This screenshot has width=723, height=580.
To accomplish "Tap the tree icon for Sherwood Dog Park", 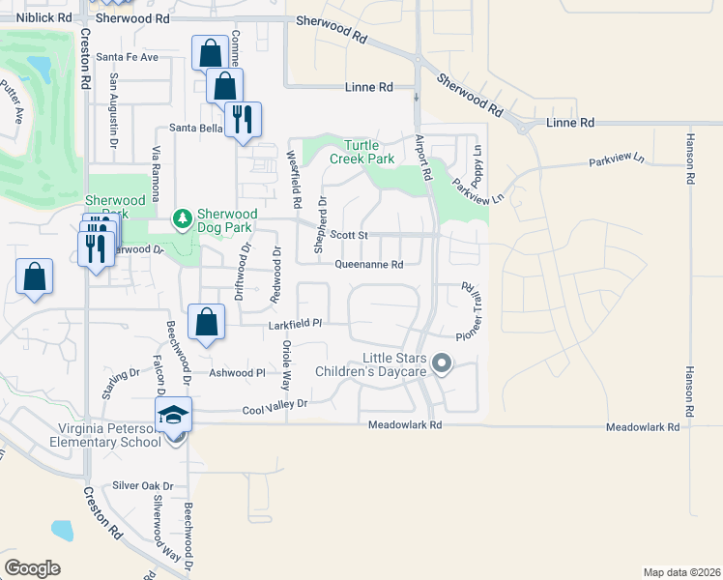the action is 182,220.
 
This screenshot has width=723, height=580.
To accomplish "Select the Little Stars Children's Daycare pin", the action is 442,364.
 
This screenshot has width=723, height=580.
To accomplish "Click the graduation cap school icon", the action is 175,415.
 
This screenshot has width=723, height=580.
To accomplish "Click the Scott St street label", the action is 350,234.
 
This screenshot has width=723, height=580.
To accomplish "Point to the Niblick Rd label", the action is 44,17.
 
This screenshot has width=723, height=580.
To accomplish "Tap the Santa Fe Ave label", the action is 134,57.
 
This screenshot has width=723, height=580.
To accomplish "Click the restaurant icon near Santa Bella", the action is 243,120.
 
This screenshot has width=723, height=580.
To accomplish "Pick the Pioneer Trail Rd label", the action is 470,310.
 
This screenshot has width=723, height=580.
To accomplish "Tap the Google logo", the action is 32,568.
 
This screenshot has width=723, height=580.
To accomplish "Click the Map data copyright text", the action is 680,572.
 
